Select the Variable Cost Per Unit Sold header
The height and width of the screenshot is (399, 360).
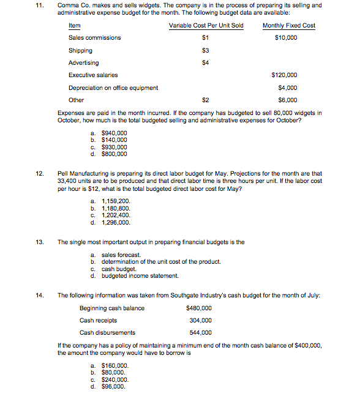coord(206,25)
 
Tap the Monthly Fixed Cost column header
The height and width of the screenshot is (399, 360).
coord(288,25)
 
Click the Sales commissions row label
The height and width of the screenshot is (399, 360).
coord(94,37)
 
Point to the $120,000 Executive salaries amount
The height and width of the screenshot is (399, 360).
coord(284,75)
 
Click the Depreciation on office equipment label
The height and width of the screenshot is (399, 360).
coord(113,88)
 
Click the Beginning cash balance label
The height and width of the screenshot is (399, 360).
coord(112,308)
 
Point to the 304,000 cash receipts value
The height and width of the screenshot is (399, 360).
coord(201,320)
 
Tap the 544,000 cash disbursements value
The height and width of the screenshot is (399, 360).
coord(201,332)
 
